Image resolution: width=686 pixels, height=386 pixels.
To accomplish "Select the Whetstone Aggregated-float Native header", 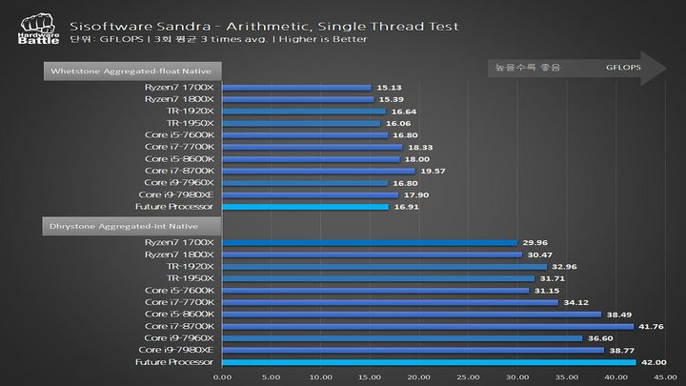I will [134, 70].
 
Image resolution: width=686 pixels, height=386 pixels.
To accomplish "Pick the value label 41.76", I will [650, 326].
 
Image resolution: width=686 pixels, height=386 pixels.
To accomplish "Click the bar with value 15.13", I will [296, 87].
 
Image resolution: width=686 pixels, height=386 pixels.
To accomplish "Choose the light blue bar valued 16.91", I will [305, 206].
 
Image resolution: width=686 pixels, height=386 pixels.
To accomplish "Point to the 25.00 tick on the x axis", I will [468, 376].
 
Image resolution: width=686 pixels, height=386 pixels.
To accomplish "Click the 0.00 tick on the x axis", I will [222, 376].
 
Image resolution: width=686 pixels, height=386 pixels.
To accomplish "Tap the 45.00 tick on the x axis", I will [664, 376].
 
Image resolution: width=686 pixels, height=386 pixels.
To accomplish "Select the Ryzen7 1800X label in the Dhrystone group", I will [180, 254].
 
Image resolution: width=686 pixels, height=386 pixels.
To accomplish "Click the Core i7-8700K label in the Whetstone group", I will [179, 170].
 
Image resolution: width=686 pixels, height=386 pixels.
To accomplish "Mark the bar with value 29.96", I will [369, 242].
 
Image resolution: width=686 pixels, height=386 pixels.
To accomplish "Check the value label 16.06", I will [396, 123].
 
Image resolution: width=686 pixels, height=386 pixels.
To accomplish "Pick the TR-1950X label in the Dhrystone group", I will [191, 278].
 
